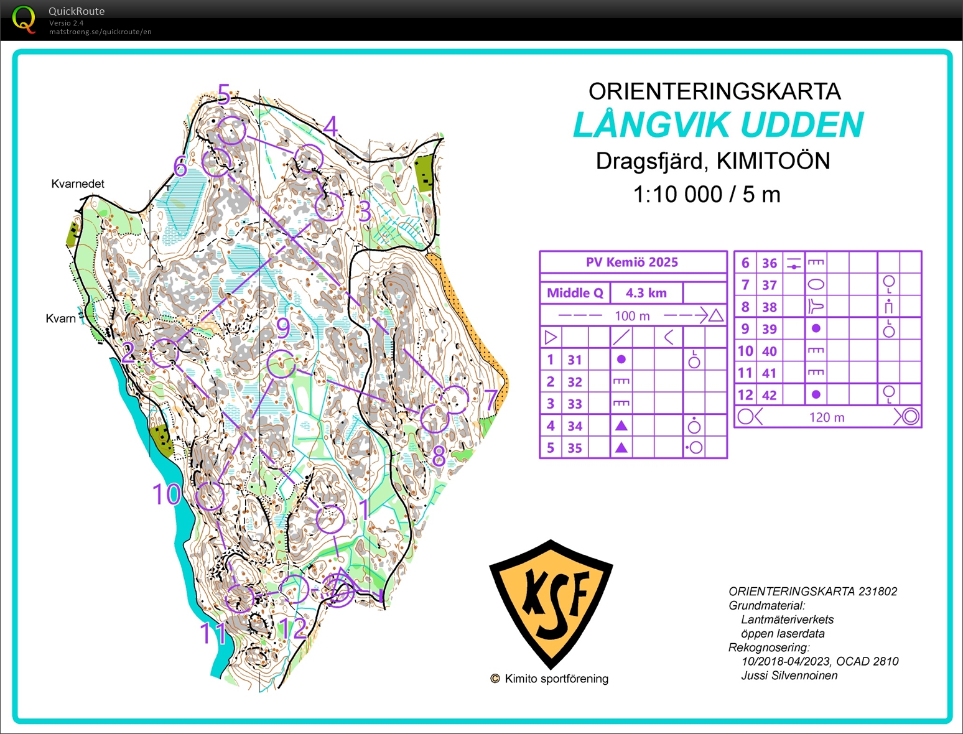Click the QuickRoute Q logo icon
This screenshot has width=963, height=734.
coord(24,19)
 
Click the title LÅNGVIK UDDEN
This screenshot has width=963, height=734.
coord(718,125)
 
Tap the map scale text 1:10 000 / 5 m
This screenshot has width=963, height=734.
coord(706,195)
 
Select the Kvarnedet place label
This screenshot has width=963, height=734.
coord(78,183)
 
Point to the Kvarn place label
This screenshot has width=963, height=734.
coord(60,318)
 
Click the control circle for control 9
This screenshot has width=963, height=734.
coord(281,363)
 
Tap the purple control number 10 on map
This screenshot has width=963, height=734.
coord(167,495)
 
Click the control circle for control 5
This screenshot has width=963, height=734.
coord(231,131)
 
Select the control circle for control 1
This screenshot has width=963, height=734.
coord(330,519)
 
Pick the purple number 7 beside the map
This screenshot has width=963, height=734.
coord(491,399)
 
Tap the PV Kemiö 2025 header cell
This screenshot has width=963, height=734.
coord(632,262)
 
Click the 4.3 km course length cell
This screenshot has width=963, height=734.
coord(646,292)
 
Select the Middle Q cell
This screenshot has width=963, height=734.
coord(575,292)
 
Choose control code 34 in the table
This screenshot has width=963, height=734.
coord(575,426)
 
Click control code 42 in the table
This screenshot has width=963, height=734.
coord(770,395)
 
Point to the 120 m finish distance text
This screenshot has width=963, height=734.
coord(827,417)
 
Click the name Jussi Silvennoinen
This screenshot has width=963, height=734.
coord(789,676)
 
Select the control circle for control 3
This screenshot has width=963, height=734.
coord(329,207)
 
